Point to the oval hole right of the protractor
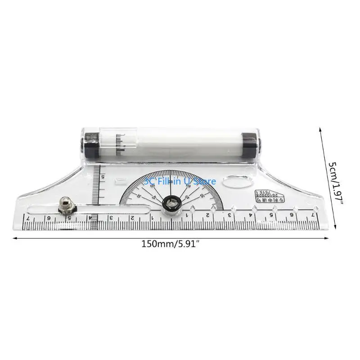238,183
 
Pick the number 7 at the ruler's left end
28,218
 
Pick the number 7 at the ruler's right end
312,215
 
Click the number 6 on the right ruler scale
292,215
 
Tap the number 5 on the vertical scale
103,177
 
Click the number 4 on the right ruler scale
250,215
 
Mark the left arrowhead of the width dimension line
14,238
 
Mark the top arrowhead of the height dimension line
320,129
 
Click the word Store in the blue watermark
205,181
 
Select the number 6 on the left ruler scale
49,218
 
